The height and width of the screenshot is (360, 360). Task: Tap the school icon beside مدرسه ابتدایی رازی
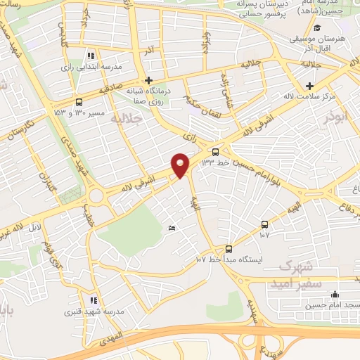click(x=90, y=56)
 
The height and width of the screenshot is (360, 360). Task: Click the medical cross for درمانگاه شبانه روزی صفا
click(x=148, y=80)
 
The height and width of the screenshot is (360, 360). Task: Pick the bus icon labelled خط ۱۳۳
click(x=215, y=151)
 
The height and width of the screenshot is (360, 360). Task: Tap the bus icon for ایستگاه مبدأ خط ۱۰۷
click(x=229, y=249)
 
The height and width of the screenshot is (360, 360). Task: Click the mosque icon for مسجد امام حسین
click(x=335, y=295)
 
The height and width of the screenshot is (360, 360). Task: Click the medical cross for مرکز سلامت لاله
click(x=309, y=85)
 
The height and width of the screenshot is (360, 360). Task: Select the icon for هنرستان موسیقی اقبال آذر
click(x=317, y=28)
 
